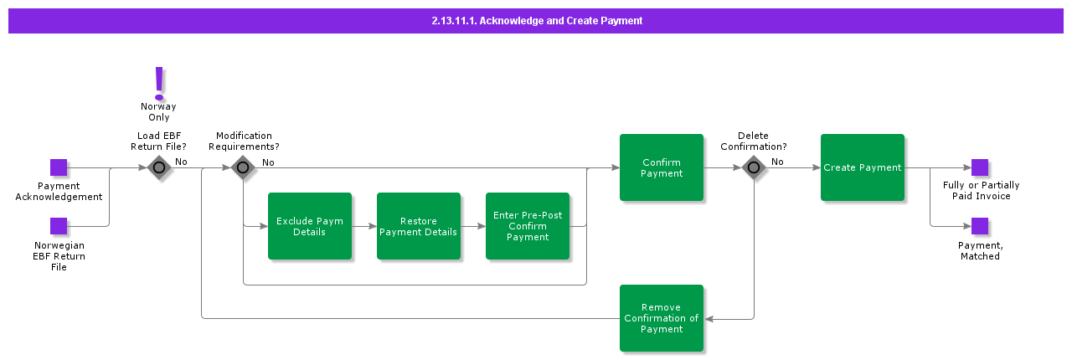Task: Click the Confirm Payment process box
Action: (x=662, y=167)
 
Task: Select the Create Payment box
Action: (x=863, y=167)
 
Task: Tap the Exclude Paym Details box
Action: (x=310, y=226)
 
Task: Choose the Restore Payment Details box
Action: (x=419, y=226)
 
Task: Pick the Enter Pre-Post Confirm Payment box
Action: (x=528, y=226)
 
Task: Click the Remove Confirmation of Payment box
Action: (x=662, y=318)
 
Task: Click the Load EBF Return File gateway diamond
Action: (x=159, y=167)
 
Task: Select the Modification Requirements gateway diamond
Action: (x=243, y=167)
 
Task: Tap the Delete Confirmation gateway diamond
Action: (x=754, y=167)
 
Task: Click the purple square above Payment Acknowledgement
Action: (x=59, y=167)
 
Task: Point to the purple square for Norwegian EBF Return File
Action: (x=59, y=226)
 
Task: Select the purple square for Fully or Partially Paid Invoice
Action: (x=980, y=167)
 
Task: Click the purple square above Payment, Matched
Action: (x=980, y=226)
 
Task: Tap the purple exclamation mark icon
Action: (x=159, y=82)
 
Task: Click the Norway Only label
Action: (x=159, y=112)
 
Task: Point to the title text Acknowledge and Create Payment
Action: (x=536, y=21)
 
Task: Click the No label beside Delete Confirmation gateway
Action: (x=777, y=162)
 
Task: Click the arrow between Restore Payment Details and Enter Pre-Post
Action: (x=473, y=226)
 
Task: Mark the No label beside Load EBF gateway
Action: (x=181, y=162)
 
